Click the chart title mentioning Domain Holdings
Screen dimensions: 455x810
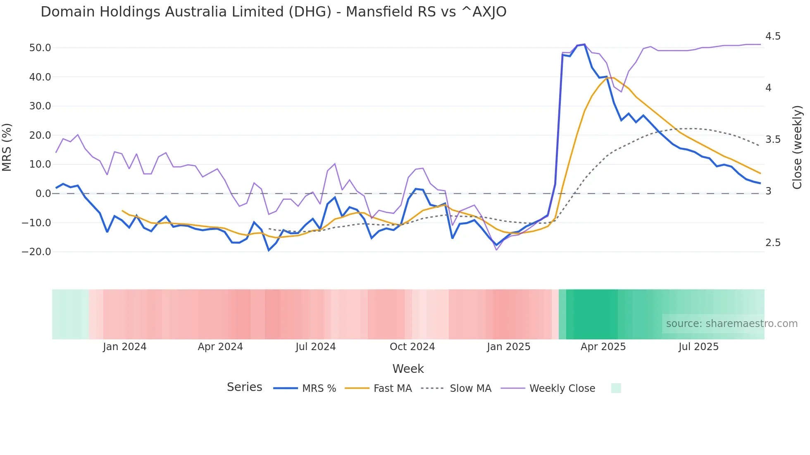click(273, 12)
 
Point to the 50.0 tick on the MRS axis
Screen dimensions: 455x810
click(40, 48)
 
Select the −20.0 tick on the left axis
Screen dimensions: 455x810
click(36, 252)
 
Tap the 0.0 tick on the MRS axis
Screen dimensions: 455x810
click(43, 194)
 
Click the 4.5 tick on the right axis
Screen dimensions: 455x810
click(773, 36)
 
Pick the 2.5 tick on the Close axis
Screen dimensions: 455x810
click(773, 243)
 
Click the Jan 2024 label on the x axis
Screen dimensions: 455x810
click(124, 347)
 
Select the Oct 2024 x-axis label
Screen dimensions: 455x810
click(412, 347)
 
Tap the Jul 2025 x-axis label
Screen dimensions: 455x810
click(698, 347)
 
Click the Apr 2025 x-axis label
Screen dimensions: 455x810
click(603, 347)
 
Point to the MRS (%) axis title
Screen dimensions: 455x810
click(7, 147)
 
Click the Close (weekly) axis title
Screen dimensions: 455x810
click(797, 147)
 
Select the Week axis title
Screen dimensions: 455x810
click(408, 369)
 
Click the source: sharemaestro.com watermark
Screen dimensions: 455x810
click(731, 324)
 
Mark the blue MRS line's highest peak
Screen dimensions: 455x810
click(584, 45)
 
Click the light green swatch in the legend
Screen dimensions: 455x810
click(616, 388)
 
